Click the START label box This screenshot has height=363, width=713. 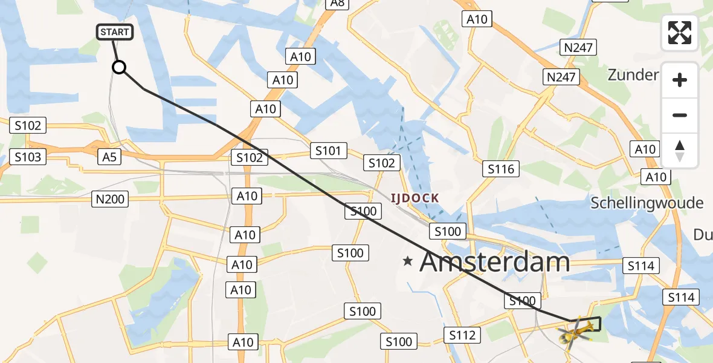tap(115, 31)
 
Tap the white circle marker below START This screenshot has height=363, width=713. tap(119, 67)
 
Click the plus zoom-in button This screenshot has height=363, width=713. tap(680, 80)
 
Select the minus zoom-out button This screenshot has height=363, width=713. tap(680, 116)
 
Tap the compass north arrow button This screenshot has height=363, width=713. tap(680, 151)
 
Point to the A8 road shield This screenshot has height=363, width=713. tap(337, 3)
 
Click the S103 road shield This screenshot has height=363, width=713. tap(28, 157)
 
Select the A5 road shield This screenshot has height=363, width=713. tap(110, 157)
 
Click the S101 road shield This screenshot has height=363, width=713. tap(329, 151)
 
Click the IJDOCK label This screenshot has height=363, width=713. tap(415, 198)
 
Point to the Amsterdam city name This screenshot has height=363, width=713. tap(495, 263)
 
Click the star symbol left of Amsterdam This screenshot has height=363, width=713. tap(408, 262)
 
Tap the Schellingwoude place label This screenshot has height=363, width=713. tap(647, 202)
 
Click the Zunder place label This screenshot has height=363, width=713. tap(633, 75)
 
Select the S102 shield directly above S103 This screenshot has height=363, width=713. tap(28, 126)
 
